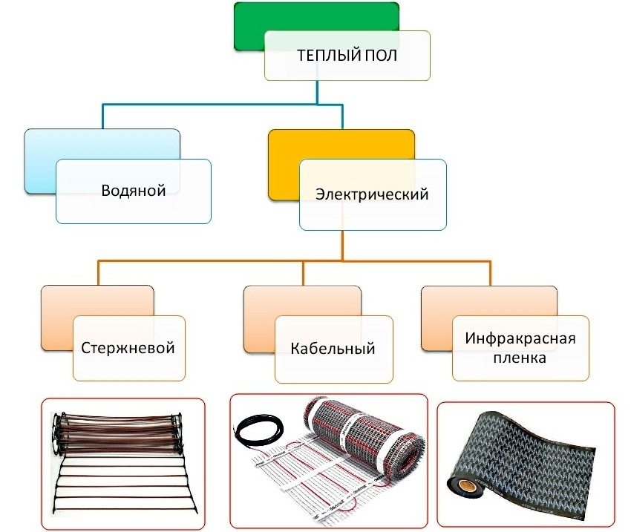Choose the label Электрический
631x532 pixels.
pos(372,194)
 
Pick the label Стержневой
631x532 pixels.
pos(128,347)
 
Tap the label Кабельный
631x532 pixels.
pos(333,348)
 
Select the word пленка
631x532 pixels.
pos(520,358)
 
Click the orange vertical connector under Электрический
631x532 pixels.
pos(341,245)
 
